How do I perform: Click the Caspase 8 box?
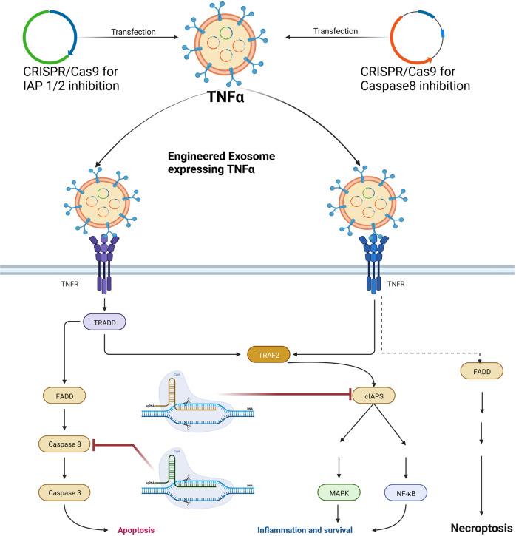click(x=65, y=445)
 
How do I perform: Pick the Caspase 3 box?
click(x=65, y=490)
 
